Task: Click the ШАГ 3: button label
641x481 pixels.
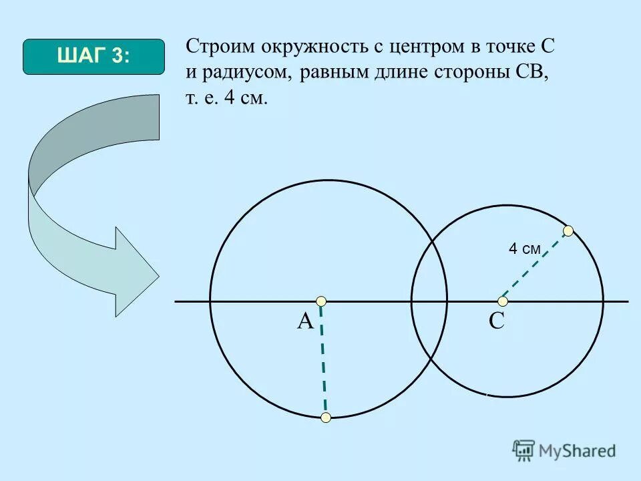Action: coord(93,57)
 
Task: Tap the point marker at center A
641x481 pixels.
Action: coord(321,301)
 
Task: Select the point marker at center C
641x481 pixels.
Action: coord(503,301)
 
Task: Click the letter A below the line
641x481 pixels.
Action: coord(305,322)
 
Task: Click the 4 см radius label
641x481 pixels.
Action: coord(524,249)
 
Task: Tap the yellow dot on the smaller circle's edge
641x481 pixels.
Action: coord(568,231)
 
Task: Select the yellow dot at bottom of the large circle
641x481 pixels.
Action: coord(326,418)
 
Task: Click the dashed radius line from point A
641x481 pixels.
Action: coord(323,361)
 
